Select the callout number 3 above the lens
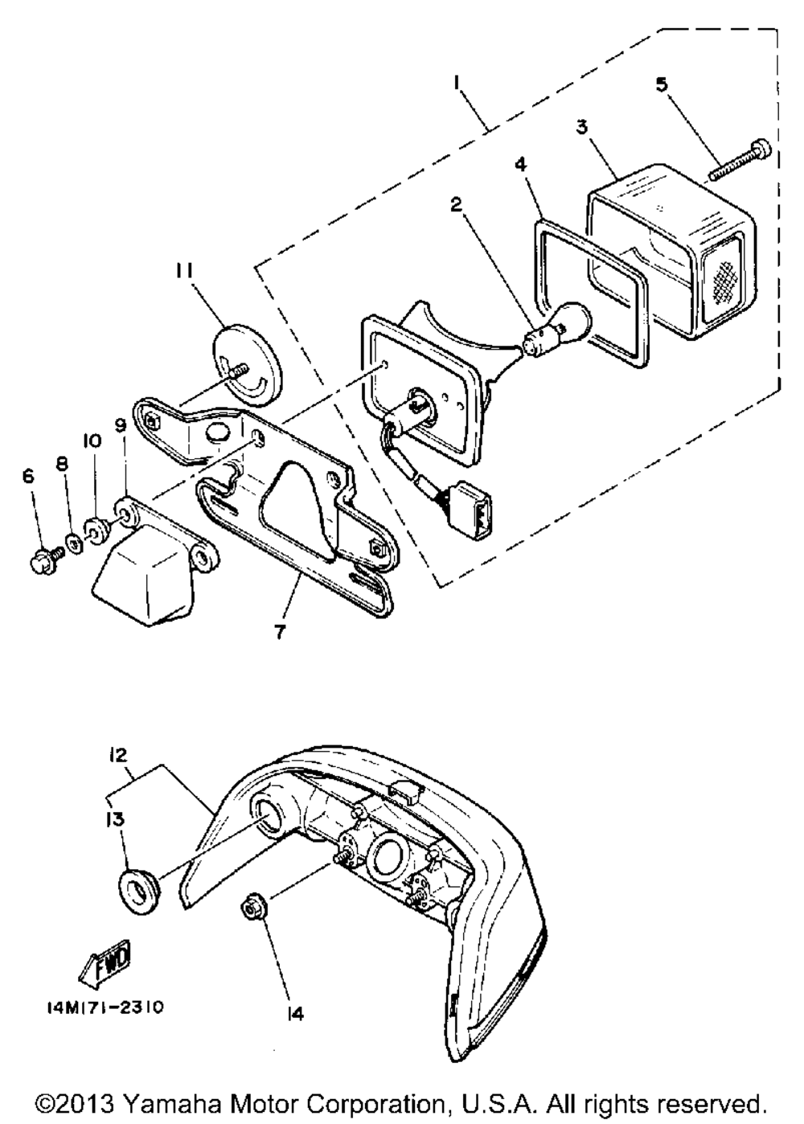pos(581,126)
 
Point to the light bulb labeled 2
pos(556,329)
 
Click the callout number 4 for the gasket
pos(521,165)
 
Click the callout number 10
pos(92,441)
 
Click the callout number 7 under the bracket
pos(280,632)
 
